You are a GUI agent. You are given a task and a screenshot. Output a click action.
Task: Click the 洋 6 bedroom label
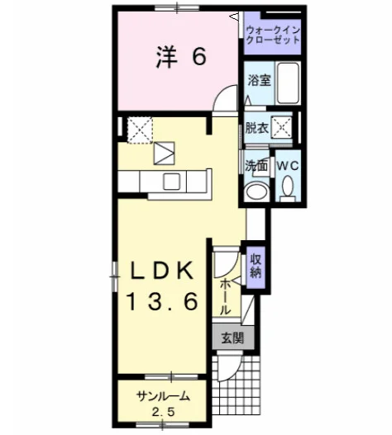point(181,57)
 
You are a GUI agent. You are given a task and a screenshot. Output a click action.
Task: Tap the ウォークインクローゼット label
point(273,35)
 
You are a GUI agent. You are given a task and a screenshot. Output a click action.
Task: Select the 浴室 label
point(259,80)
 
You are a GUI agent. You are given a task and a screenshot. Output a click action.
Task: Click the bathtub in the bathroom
point(288,83)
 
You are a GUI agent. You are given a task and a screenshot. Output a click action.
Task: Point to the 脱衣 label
point(256,128)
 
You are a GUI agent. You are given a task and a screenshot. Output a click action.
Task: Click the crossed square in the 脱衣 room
point(282,127)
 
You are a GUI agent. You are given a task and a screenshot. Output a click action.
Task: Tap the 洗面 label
point(256,166)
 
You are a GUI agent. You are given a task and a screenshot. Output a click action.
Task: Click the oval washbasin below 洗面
point(257,191)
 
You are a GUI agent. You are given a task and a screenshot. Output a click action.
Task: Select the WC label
point(288,166)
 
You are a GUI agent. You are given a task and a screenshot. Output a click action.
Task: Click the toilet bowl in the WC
point(288,185)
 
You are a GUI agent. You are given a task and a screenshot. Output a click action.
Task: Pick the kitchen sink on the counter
point(172,181)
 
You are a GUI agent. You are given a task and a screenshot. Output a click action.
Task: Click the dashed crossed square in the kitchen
point(140,130)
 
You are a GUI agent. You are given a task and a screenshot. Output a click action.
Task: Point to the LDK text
point(163,270)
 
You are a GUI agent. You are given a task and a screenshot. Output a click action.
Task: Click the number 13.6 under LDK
point(163,301)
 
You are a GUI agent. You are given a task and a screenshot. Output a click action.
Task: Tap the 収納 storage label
point(256,267)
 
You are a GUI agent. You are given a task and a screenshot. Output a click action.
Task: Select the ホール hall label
point(225,297)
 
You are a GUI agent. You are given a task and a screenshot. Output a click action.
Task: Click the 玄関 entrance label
point(232,338)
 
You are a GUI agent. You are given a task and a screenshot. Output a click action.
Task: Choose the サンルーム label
point(163,397)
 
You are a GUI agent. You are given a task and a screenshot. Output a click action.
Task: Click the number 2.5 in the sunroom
point(163,412)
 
